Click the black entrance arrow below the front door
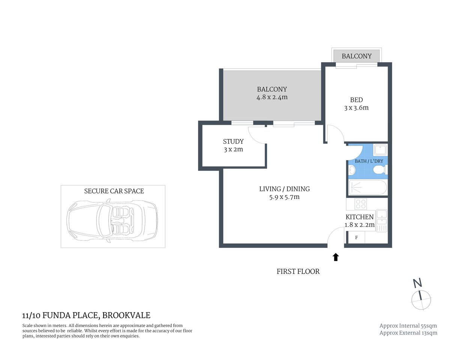click(336, 257)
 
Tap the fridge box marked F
click(356, 237)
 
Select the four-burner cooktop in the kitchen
click(361, 204)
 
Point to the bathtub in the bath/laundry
click(367, 187)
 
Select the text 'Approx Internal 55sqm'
click(408, 326)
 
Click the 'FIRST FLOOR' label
click(298, 271)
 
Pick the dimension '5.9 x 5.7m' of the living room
click(284, 197)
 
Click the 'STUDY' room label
click(233, 141)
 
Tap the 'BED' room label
click(356, 100)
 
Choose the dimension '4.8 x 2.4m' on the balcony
click(272, 97)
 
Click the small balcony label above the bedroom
click(356, 56)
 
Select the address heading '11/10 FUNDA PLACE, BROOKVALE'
click(86, 315)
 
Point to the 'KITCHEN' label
click(359, 217)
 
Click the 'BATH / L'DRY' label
click(369, 161)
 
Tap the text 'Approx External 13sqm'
click(408, 333)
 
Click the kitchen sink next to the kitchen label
click(381, 215)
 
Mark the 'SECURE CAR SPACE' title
click(114, 191)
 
